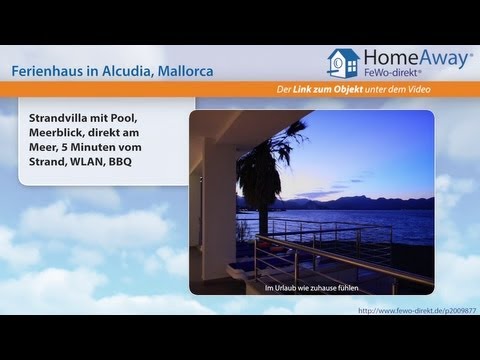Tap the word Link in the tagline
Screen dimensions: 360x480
(317, 92)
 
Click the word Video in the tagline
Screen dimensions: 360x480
(453, 92)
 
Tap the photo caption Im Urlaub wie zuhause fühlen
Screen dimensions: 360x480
(311, 290)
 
